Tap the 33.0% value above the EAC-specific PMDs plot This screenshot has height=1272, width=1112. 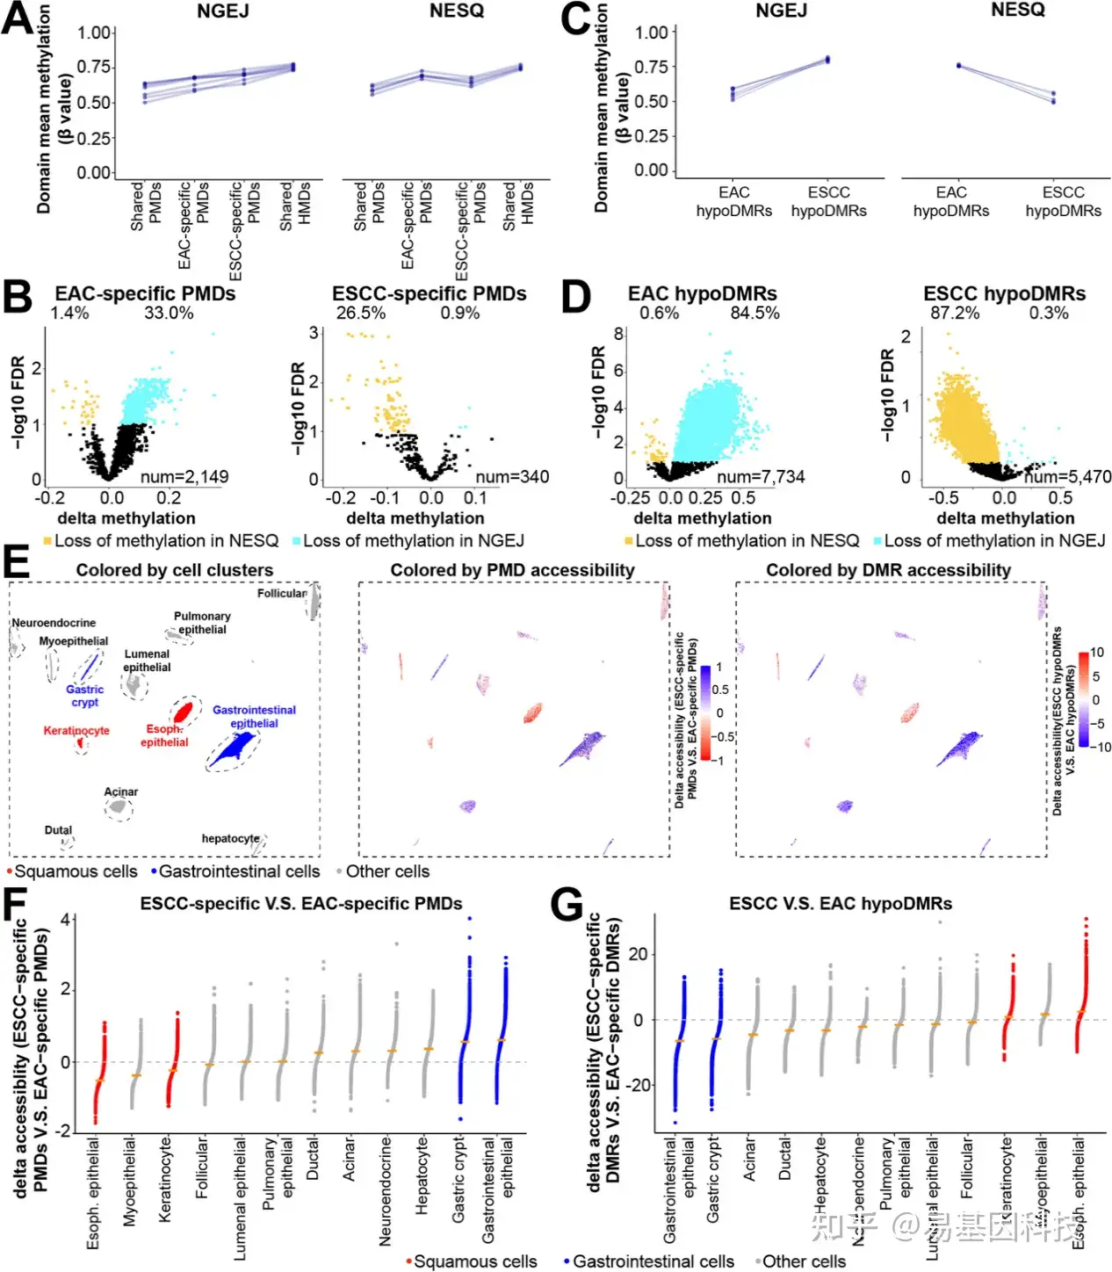tap(169, 314)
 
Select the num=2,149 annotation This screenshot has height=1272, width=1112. tap(184, 477)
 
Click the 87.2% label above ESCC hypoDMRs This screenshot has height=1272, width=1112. tap(955, 314)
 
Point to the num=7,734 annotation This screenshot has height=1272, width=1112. tap(761, 477)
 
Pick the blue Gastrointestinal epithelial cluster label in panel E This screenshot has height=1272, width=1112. tap(254, 717)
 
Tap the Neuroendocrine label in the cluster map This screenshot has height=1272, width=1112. tap(54, 623)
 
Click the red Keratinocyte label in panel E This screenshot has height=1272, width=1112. tap(76, 731)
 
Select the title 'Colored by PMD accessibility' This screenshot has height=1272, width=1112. tap(512, 570)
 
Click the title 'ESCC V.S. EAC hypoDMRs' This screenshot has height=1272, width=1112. tap(840, 904)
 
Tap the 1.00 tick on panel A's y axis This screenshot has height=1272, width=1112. tap(94, 33)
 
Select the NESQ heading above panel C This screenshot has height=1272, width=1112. tap(1018, 10)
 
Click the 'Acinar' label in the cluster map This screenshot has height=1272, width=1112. tap(121, 791)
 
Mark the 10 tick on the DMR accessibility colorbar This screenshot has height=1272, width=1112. tap(1097, 653)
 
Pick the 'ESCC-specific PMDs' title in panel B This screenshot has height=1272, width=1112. tap(429, 294)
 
